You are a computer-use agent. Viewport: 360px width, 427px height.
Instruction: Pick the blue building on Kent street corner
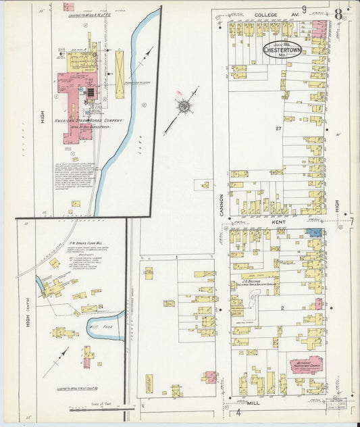[314, 232]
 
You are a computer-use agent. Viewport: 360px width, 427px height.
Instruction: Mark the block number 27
[278, 128]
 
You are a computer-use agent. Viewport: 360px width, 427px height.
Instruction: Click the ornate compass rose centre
[182, 105]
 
